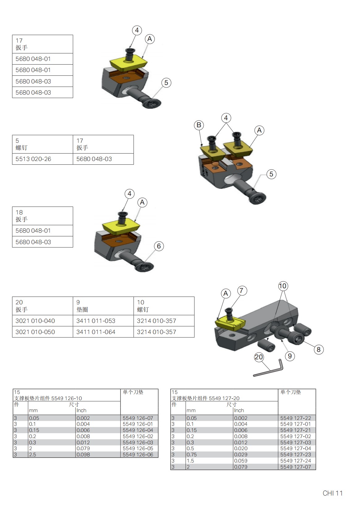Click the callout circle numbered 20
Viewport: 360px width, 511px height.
click(x=259, y=357)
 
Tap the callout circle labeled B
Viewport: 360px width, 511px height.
click(x=199, y=125)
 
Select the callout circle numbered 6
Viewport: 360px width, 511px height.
click(x=159, y=246)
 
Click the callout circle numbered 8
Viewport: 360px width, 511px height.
click(x=319, y=350)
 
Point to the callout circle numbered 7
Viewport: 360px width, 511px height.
click(x=242, y=290)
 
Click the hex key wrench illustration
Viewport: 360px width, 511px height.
click(x=269, y=369)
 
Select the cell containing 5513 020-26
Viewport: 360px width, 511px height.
click(x=42, y=159)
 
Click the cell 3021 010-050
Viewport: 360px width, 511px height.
click(x=42, y=332)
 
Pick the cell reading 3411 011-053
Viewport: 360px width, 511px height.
click(x=103, y=321)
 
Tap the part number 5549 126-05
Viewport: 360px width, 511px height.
click(x=138, y=449)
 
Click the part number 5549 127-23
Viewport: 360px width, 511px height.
click(x=295, y=455)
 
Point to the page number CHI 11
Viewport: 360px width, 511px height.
click(x=332, y=493)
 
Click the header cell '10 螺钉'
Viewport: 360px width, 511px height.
click(x=164, y=306)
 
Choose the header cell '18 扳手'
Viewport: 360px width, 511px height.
click(x=42, y=216)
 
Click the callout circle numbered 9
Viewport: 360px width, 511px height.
click(x=290, y=356)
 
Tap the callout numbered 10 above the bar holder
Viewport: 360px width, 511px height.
click(x=283, y=286)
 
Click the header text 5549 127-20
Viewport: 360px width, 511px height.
click(x=224, y=399)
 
